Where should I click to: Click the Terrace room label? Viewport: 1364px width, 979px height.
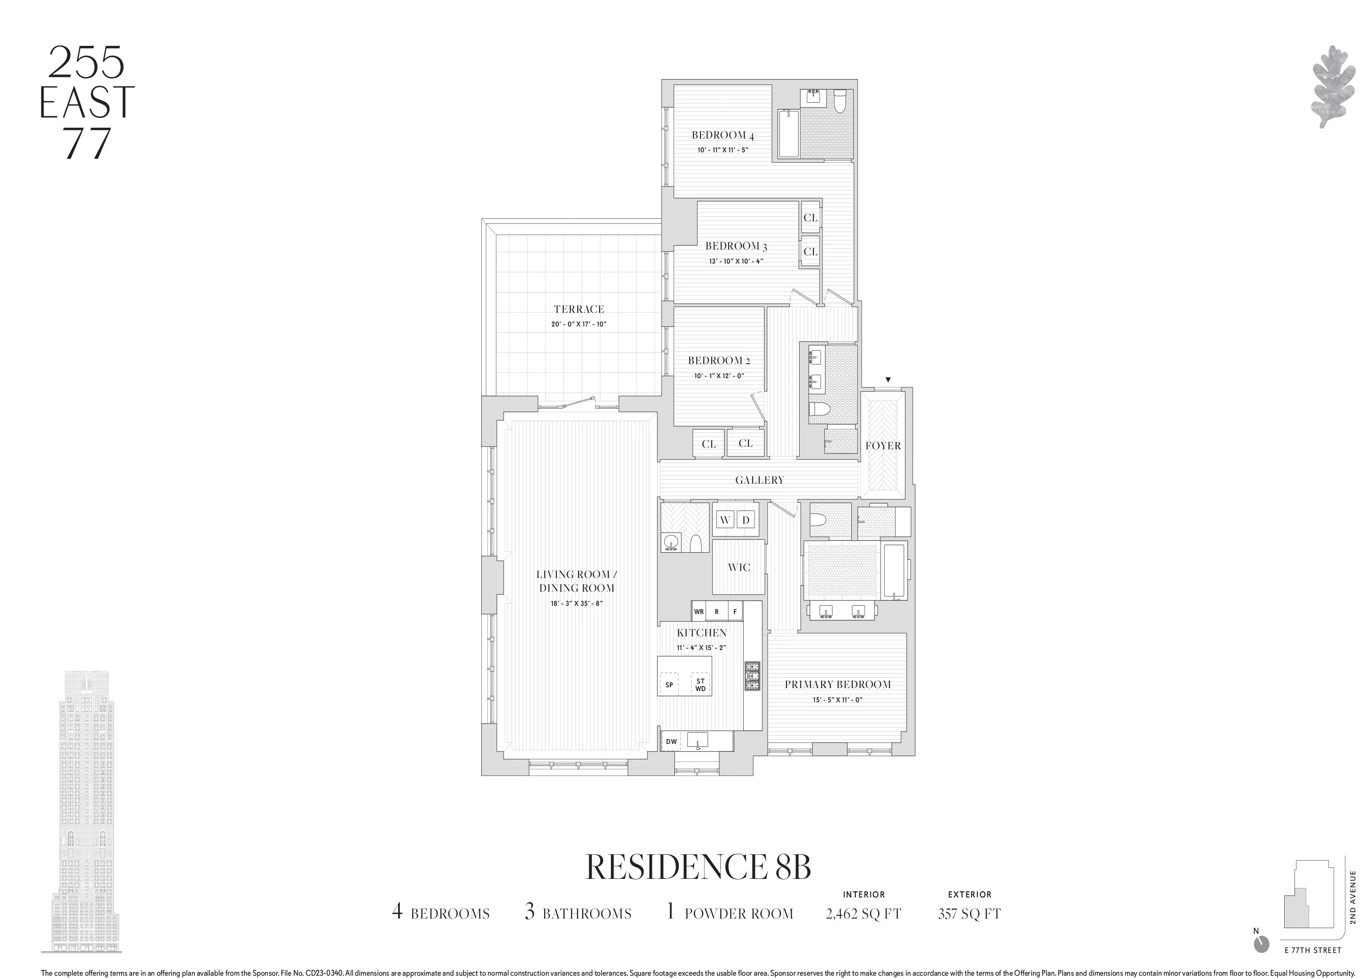click(x=578, y=309)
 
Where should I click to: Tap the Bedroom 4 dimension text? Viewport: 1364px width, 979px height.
click(x=722, y=150)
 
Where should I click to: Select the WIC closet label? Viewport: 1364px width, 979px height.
click(x=738, y=567)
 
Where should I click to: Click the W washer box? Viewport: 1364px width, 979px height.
click(x=725, y=520)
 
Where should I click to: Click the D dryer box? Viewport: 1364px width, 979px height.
click(x=746, y=520)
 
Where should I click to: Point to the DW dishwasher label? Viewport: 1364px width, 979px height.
click(x=671, y=742)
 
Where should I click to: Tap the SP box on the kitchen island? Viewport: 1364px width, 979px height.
click(x=669, y=685)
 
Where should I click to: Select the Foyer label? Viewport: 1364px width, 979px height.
click(x=883, y=446)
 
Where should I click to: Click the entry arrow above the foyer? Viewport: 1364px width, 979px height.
click(x=888, y=380)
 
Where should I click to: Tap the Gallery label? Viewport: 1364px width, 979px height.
click(x=759, y=480)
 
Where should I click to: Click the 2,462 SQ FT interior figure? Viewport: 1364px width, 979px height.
click(x=863, y=914)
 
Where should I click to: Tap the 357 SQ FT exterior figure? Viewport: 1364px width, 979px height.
click(x=969, y=914)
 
